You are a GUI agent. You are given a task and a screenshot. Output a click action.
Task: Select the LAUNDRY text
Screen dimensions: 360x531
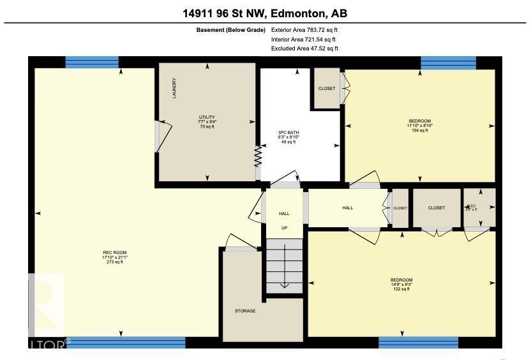(x=174, y=88)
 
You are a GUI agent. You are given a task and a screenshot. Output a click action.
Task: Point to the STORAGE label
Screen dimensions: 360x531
(x=245, y=311)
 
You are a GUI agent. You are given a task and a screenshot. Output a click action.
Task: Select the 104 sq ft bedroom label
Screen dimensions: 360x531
(x=419, y=125)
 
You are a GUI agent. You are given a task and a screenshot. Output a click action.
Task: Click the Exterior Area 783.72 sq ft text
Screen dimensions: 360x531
(x=304, y=29)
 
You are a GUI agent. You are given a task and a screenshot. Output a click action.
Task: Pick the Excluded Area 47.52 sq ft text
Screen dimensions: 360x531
(x=304, y=49)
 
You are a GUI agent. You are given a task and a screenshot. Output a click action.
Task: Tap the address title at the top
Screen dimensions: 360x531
(x=265, y=13)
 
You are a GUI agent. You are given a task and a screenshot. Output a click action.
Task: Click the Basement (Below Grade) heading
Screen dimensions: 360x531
(x=230, y=29)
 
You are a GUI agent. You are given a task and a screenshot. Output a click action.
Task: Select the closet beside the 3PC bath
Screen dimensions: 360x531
(x=326, y=88)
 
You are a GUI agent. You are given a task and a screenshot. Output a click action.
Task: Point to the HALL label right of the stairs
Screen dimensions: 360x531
(x=347, y=207)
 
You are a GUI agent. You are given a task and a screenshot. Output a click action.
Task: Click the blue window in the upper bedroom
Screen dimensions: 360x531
(x=448, y=62)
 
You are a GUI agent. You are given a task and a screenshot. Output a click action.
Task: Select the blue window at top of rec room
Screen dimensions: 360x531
(x=92, y=62)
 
